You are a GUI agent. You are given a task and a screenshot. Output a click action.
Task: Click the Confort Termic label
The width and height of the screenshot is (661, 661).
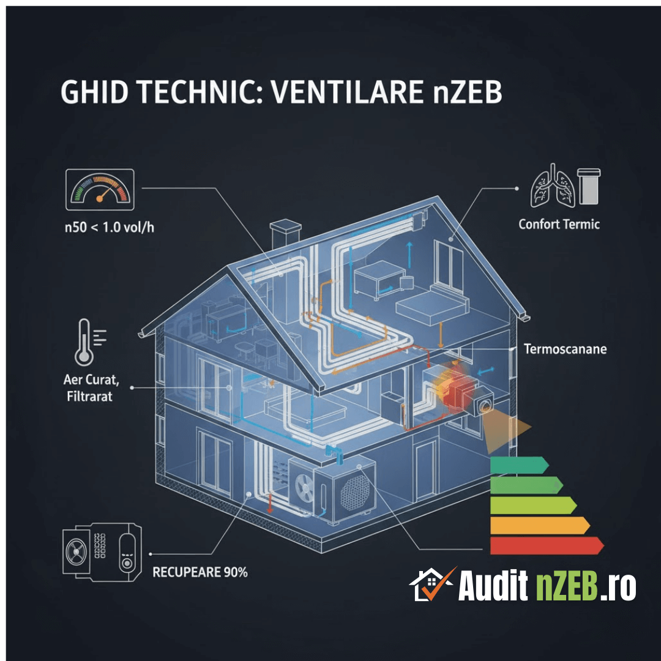559,224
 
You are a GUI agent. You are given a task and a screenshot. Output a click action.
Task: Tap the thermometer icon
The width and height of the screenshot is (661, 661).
81,343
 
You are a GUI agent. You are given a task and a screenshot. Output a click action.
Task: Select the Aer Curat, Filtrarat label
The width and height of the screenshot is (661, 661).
91,387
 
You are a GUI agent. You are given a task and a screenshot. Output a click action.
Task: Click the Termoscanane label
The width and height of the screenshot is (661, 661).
565,349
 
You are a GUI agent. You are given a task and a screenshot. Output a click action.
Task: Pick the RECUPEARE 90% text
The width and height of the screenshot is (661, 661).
200,573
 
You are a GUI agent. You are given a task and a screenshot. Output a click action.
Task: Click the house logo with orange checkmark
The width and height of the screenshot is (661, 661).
431,584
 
